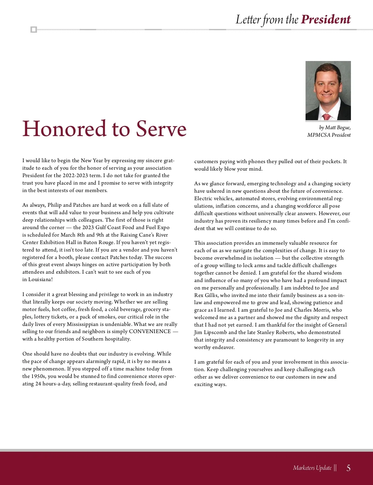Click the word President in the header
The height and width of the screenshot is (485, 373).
[326, 19]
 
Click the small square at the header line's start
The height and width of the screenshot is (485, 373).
[34, 30]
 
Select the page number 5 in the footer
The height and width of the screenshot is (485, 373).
[348, 468]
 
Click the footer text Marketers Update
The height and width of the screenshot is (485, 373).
[312, 468]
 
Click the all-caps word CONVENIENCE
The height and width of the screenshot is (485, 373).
[150, 332]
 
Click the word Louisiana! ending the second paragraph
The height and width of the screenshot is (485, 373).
[40, 280]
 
